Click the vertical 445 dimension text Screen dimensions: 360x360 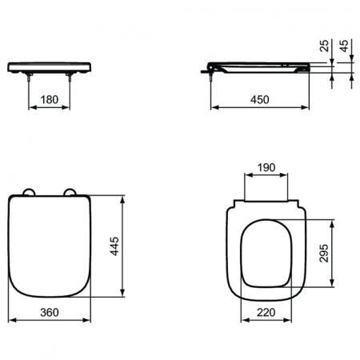(115, 246)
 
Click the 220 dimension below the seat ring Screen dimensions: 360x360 (267, 314)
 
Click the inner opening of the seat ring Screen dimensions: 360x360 (267, 254)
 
